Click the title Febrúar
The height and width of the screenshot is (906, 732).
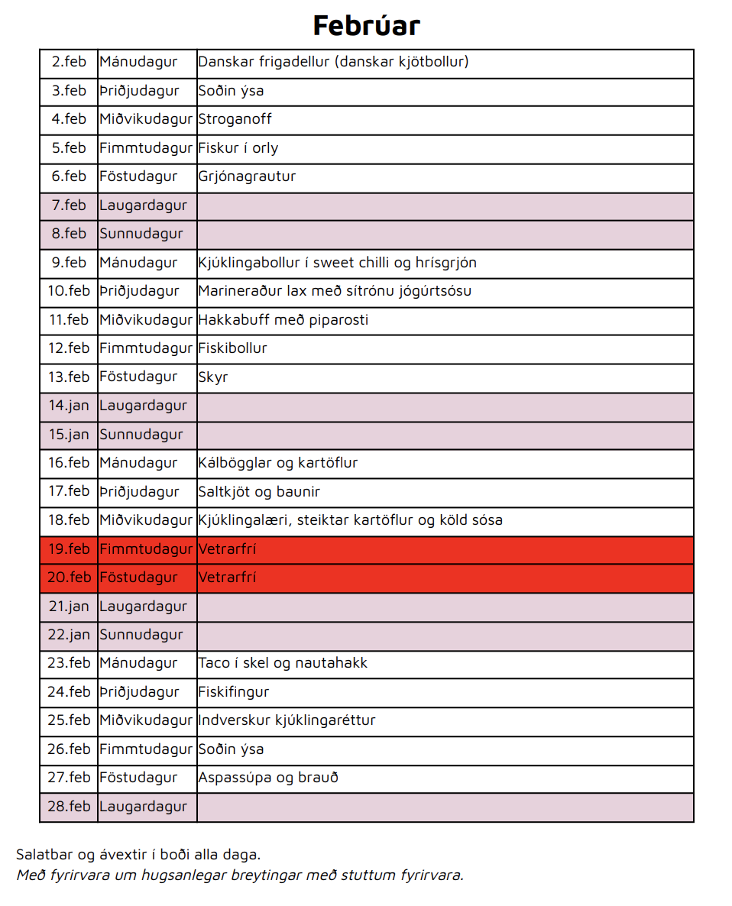coord(366,25)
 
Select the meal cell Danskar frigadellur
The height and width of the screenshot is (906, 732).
coord(333,62)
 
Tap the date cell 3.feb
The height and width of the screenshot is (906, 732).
coord(70,91)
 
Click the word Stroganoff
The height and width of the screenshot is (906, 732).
coord(235,119)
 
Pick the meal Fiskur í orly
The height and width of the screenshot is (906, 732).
coord(238,148)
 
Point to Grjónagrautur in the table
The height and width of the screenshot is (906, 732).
coord(247,176)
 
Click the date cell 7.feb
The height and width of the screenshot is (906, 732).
coord(70,205)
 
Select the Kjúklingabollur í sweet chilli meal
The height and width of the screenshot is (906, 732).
coord(337,263)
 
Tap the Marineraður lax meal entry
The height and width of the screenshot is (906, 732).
coord(335,291)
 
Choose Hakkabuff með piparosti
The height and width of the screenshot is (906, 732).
coord(283,320)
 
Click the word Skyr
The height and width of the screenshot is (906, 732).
coord(213,377)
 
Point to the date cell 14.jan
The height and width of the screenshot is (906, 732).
coord(70,406)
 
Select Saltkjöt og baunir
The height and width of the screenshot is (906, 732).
coord(259,491)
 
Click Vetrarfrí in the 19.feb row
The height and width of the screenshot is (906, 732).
coord(227,549)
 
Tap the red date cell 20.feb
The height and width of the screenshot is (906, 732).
coord(70,578)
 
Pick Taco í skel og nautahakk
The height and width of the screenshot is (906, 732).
coord(283,663)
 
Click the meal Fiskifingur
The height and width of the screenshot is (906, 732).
coord(234,692)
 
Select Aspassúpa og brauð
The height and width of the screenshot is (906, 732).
coord(268,778)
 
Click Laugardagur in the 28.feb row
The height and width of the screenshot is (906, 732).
coord(143,807)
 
